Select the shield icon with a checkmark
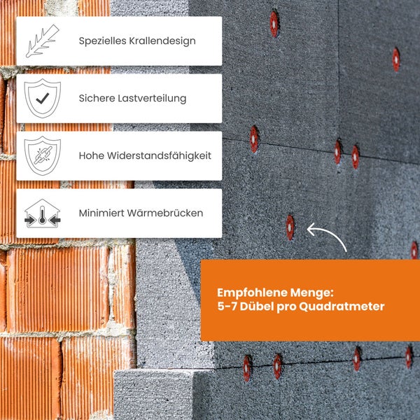coord(43,99)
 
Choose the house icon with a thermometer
coord(43,213)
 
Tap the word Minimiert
coord(101,213)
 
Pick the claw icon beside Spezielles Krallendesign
coord(43,41)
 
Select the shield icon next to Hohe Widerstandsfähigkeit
coord(43,155)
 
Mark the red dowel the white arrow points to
coord(290,227)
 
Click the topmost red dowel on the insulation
coord(274,24)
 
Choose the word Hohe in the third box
coord(91,155)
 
